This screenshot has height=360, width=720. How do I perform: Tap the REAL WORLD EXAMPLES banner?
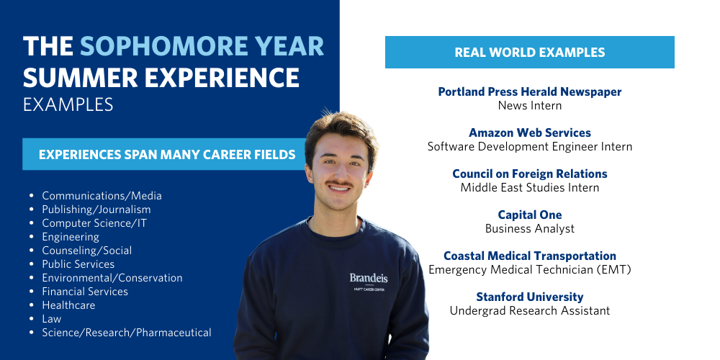(x=529, y=53)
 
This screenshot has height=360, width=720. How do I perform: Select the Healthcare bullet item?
(x=68, y=305)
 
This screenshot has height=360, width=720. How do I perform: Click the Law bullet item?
(x=51, y=319)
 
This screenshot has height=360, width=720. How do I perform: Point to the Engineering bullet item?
(x=71, y=237)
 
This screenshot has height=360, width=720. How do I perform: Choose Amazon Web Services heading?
(x=529, y=132)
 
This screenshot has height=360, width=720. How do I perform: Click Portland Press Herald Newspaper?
(x=529, y=91)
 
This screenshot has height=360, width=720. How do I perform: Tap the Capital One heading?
(x=529, y=215)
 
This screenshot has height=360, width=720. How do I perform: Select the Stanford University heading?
(x=529, y=297)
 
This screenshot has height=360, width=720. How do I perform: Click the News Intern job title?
(x=529, y=105)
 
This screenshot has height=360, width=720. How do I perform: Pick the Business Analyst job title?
(x=529, y=228)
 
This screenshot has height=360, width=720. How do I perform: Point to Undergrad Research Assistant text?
(x=529, y=310)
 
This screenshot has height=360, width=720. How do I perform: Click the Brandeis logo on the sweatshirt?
(x=369, y=278)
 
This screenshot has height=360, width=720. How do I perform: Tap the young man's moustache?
(x=338, y=186)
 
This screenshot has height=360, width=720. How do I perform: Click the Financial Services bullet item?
(x=85, y=292)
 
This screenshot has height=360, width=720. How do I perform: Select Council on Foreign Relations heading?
(x=529, y=174)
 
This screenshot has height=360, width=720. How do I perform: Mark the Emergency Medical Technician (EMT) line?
(x=529, y=269)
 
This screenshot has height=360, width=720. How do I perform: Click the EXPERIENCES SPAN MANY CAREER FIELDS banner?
(x=166, y=154)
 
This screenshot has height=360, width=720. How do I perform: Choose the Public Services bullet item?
(x=78, y=264)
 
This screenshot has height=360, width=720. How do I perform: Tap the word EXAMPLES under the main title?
(x=68, y=104)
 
